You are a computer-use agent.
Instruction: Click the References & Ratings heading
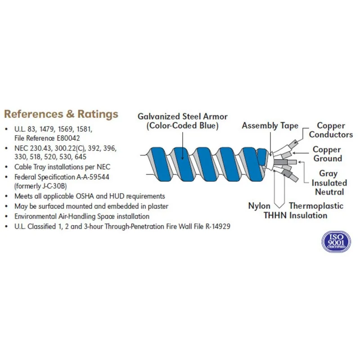click(61, 114)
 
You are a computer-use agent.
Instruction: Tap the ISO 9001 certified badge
click(336, 242)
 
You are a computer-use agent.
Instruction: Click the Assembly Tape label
click(270, 126)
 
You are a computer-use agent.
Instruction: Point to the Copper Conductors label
click(331, 130)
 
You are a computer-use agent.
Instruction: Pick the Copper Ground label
click(328, 154)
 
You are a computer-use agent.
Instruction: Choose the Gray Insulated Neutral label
click(329, 183)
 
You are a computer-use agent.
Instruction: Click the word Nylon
click(259, 206)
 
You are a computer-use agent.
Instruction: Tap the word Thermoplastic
click(316, 206)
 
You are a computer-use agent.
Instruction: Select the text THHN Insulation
click(295, 216)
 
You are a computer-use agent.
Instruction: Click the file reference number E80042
click(68, 138)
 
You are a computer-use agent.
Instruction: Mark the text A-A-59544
click(93, 177)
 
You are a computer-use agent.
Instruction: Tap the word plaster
click(158, 207)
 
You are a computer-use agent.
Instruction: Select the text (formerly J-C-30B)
click(40, 186)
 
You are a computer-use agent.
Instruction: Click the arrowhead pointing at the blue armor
click(183, 157)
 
